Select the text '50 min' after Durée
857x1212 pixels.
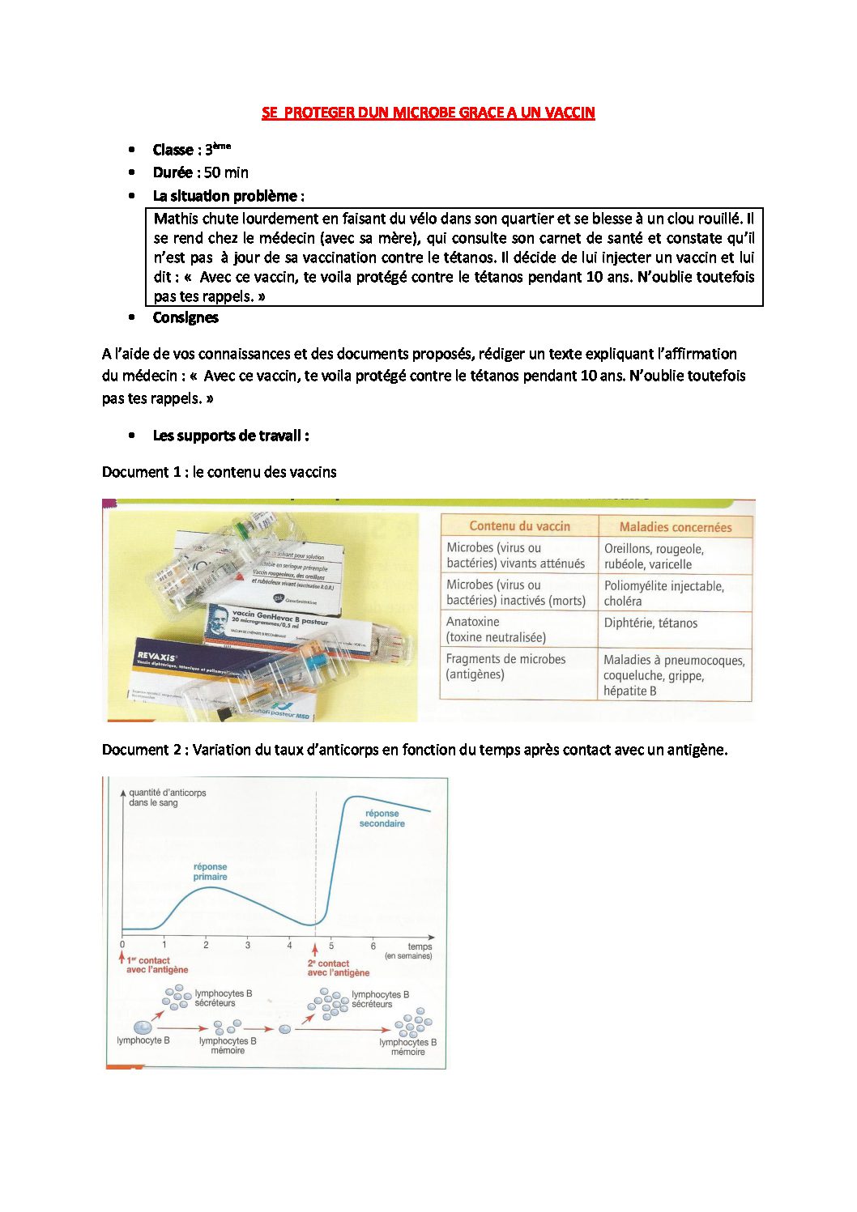coord(226,172)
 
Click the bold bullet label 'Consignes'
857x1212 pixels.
coord(185,317)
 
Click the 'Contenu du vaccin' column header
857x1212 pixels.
coord(519,526)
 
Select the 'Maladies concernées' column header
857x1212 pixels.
coord(675,527)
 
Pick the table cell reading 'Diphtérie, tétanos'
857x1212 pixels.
coord(650,623)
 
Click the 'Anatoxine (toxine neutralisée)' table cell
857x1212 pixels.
coord(496,630)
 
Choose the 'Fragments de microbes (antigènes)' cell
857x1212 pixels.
coord(505,667)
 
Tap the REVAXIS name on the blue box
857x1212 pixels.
coord(156,657)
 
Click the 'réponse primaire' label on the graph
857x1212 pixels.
coord(210,872)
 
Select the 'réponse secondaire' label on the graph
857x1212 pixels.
coord(382,819)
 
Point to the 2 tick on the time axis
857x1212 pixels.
coord(206,945)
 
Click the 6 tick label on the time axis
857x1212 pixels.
coord(373,946)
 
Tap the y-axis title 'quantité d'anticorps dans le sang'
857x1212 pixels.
coord(167,797)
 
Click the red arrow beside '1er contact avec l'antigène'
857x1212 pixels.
coord(122,959)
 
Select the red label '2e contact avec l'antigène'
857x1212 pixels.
coord(338,968)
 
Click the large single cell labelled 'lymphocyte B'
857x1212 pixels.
coord(143,1027)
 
